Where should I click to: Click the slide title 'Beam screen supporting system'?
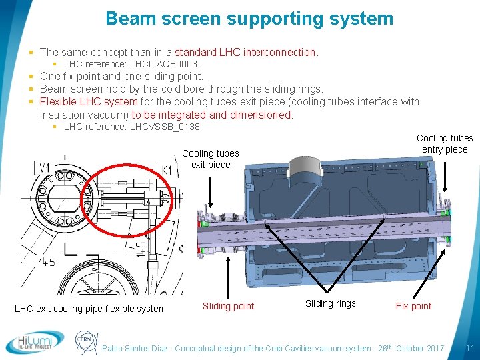[x=249, y=18]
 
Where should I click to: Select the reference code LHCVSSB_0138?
[x=166, y=127]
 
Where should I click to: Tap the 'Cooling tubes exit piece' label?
[x=210, y=159]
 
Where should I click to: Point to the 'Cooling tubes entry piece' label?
[x=445, y=143]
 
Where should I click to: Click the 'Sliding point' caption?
[x=228, y=306]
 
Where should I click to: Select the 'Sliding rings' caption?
[x=330, y=303]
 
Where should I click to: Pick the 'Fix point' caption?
[x=413, y=306]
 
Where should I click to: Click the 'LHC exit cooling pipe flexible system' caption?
[x=90, y=308]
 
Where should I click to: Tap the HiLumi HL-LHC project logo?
[x=35, y=342]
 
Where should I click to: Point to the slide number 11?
[x=469, y=348]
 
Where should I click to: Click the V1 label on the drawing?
[x=45, y=167]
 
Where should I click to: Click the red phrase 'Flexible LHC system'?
[x=89, y=101]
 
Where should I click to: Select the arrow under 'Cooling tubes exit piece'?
[x=211, y=191]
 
